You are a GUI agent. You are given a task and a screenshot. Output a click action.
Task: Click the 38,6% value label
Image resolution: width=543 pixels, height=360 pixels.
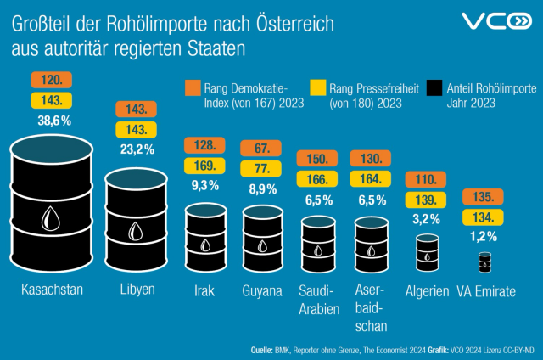click(x=53, y=121)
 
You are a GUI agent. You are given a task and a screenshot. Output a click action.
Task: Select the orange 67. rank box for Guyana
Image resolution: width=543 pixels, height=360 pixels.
click(x=262, y=147)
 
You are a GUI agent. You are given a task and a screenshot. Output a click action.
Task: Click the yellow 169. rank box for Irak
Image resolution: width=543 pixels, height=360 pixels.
click(x=204, y=165)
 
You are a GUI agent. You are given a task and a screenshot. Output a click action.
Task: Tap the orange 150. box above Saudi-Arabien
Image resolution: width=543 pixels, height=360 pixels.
click(x=317, y=159)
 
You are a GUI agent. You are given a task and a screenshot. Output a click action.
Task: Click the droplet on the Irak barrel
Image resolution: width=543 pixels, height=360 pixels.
click(x=204, y=245)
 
